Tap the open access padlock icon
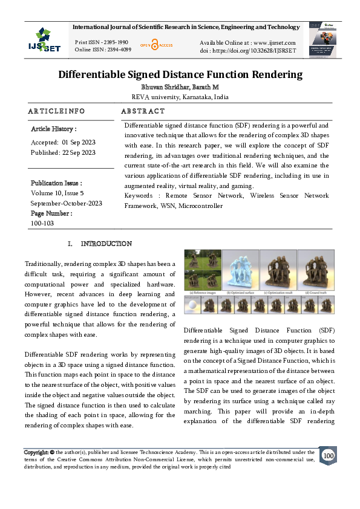(x=154, y=45)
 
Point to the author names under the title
(x=180, y=87)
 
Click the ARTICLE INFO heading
(x=56, y=111)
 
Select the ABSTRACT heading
(x=143, y=111)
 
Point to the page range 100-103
(x=42, y=223)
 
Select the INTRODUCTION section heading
(x=106, y=244)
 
